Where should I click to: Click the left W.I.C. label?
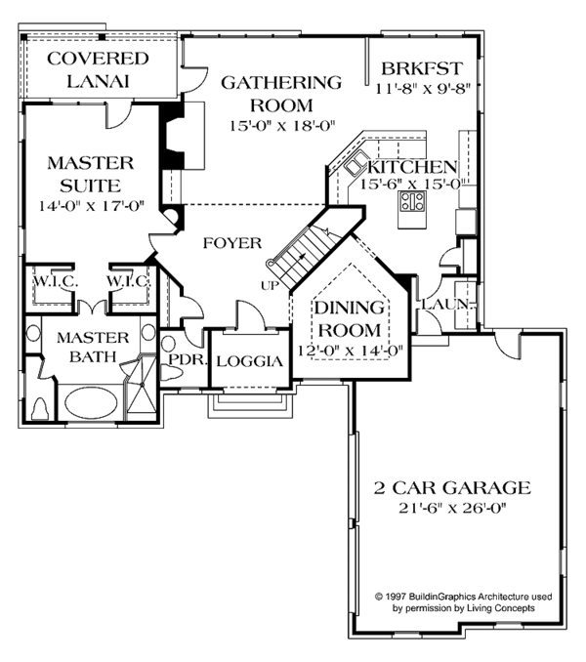point(47,281)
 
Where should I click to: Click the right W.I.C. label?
point(127,281)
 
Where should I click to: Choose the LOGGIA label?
point(249,360)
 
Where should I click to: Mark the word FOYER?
point(232,243)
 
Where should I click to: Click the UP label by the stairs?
point(270,284)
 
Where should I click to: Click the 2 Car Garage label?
point(453,486)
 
